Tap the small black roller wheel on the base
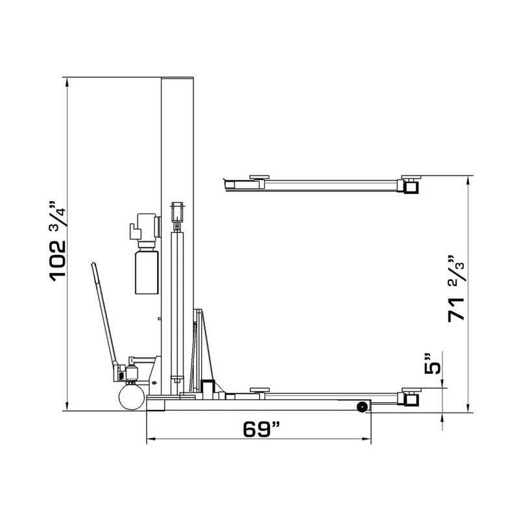[361, 406]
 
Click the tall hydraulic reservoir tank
[147, 272]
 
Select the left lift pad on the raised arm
[259, 175]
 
